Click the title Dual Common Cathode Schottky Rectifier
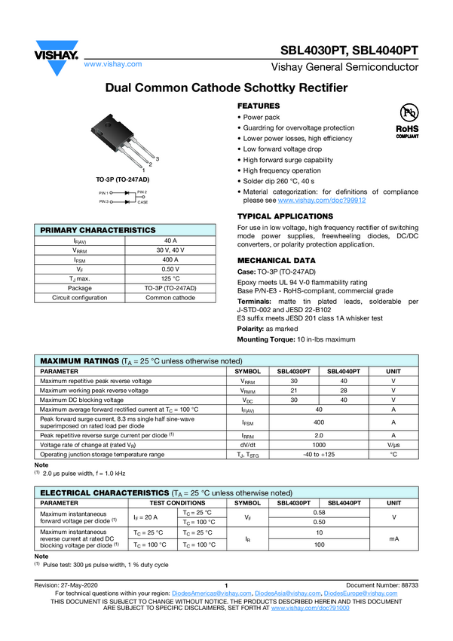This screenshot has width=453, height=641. click(x=226, y=88)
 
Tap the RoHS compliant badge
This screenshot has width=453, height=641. click(x=407, y=121)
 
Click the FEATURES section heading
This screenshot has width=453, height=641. click(x=259, y=106)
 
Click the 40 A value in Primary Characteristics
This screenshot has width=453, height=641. click(x=170, y=240)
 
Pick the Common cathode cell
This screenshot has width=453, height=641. click(x=170, y=297)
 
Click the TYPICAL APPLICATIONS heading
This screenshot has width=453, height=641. click(x=286, y=216)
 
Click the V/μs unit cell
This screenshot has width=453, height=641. click(x=393, y=446)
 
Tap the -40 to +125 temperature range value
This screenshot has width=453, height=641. click(x=319, y=455)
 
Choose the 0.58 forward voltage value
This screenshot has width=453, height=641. click(x=319, y=512)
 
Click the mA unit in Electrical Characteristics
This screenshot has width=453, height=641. click(x=393, y=538)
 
